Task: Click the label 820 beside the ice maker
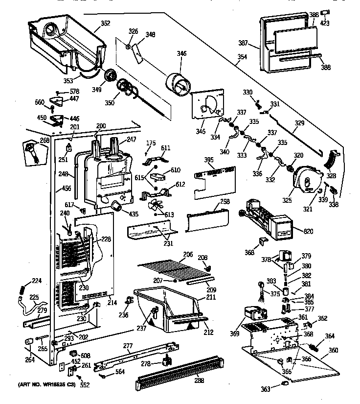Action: pos(308,231)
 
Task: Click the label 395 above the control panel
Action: pos(208,160)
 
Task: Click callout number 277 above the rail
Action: pos(128,346)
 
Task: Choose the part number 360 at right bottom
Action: pos(333,350)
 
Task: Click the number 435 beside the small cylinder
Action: pos(134,214)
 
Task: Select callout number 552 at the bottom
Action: pos(85,385)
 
